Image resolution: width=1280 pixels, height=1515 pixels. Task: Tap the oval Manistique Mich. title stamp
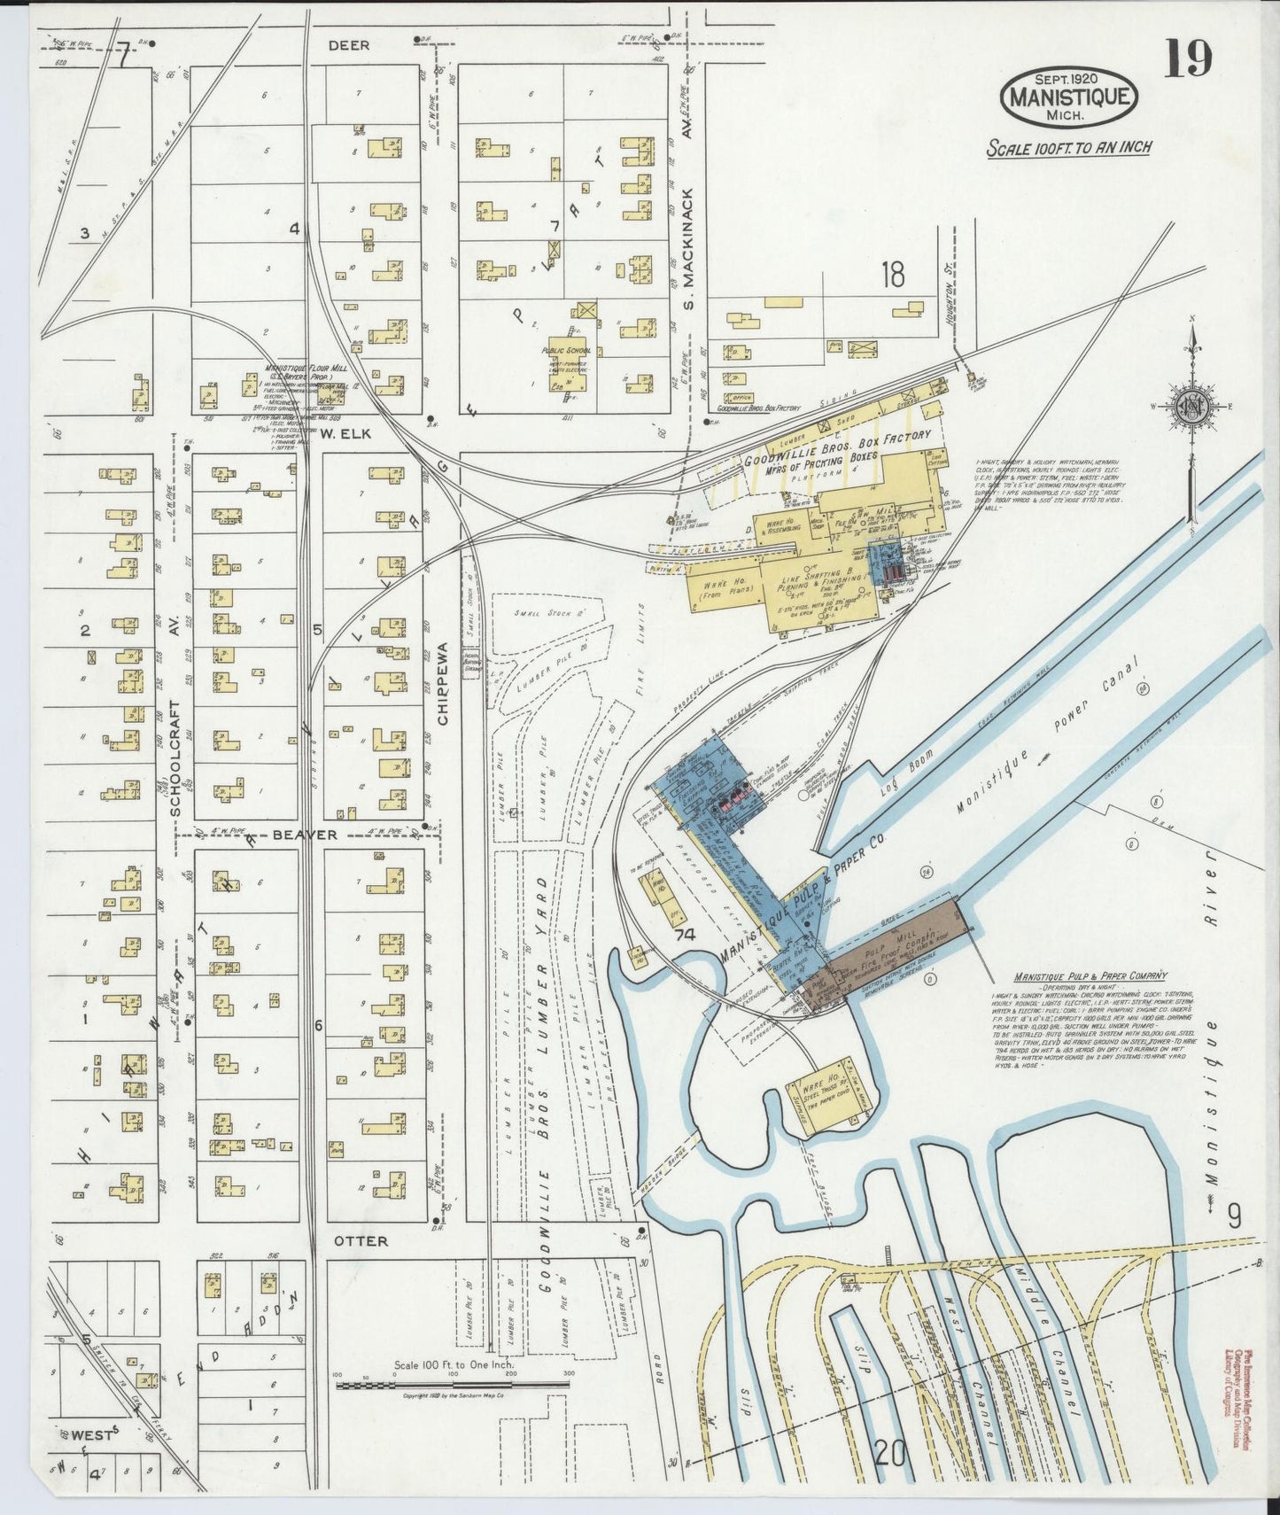click(1069, 97)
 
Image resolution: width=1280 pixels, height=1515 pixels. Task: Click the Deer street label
click(348, 45)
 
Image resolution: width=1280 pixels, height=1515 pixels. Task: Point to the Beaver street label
click(304, 835)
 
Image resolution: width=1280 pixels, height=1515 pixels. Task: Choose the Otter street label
click(361, 1241)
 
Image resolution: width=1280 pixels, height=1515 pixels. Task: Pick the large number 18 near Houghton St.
click(892, 276)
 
